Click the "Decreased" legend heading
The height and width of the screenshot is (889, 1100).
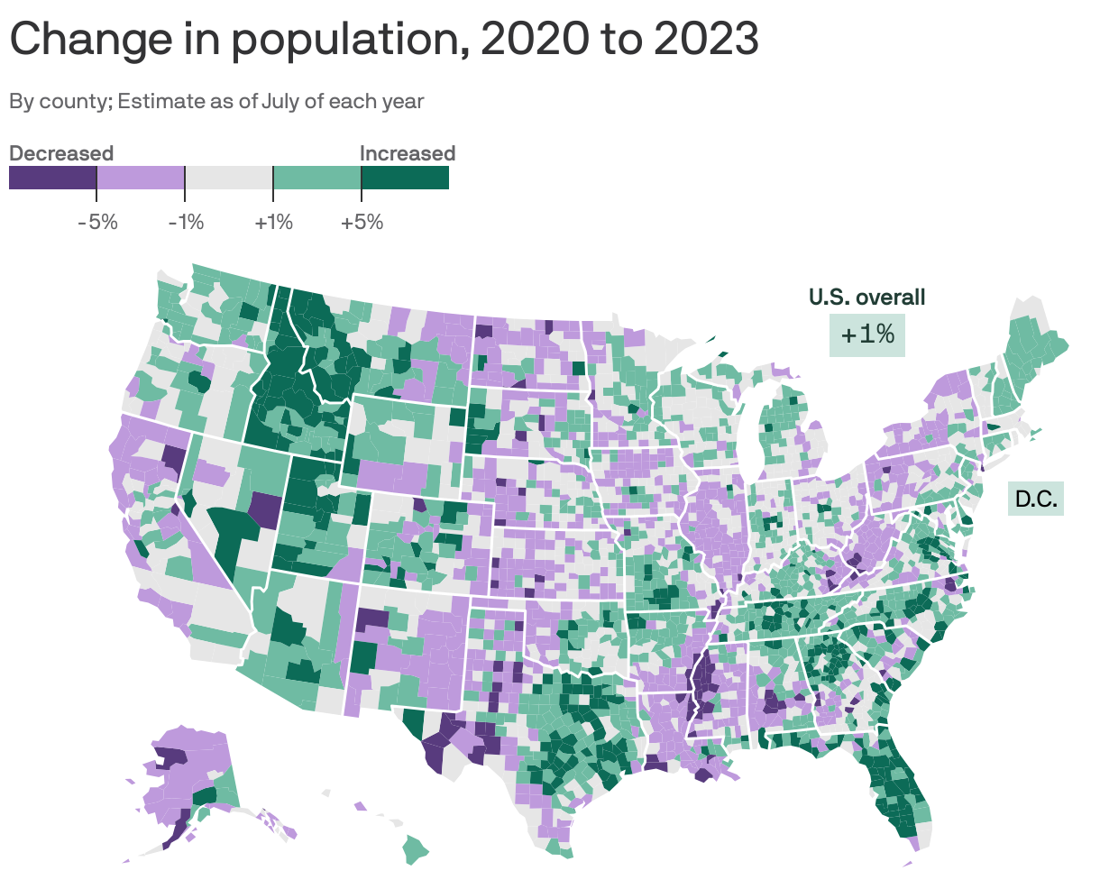tap(61, 153)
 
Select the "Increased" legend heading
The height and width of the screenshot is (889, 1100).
tap(407, 153)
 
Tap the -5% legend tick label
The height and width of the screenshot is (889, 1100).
tap(97, 222)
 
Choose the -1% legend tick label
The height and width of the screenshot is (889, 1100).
tap(186, 222)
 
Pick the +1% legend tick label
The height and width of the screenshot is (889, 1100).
tap(273, 222)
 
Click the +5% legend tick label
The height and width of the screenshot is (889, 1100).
tap(362, 222)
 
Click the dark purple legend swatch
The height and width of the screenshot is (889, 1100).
tap(52, 179)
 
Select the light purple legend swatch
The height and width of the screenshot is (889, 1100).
tap(141, 179)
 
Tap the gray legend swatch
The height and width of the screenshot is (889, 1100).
tap(229, 179)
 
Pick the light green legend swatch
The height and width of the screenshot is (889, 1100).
tap(316, 179)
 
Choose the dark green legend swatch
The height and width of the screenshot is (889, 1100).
tap(405, 179)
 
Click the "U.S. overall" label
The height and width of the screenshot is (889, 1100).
tap(866, 297)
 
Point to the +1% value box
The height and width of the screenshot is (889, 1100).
tap(866, 335)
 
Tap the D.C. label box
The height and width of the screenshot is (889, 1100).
tap(1035, 499)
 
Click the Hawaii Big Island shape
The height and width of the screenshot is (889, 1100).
tap(415, 848)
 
